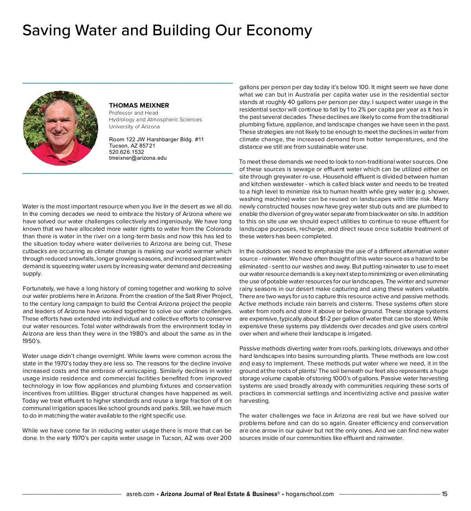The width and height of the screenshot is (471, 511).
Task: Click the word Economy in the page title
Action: pyautogui.click(x=279, y=31)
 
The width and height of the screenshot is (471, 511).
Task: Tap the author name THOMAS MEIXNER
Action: pyautogui.click(x=139, y=105)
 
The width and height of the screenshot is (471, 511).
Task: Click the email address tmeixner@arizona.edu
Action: pyautogui.click(x=138, y=158)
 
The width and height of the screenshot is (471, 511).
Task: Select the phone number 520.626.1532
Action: pyautogui.click(x=126, y=152)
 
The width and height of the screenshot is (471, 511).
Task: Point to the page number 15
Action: pyautogui.click(x=444, y=494)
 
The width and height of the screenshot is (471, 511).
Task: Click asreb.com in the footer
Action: pyautogui.click(x=140, y=494)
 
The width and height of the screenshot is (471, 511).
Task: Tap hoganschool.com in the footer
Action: pyautogui.click(x=310, y=494)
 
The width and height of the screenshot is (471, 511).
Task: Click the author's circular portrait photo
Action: pyautogui.click(x=61, y=128)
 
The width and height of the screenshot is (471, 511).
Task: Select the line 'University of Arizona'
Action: pyautogui.click(x=134, y=127)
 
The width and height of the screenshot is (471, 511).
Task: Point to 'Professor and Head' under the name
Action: pyautogui.click(x=133, y=113)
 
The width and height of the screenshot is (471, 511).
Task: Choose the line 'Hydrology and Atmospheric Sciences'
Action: pyautogui.click(x=155, y=120)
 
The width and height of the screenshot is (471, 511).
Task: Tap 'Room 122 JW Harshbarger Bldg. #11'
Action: pyautogui.click(x=156, y=139)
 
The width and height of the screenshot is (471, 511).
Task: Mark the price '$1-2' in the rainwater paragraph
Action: pyautogui.click(x=325, y=319)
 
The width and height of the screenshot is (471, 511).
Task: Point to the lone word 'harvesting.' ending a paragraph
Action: pyautogui.click(x=254, y=401)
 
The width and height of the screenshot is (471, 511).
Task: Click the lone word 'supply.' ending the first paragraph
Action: pyautogui.click(x=32, y=274)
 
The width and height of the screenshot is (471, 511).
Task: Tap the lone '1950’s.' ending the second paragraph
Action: pyautogui.click(x=31, y=341)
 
